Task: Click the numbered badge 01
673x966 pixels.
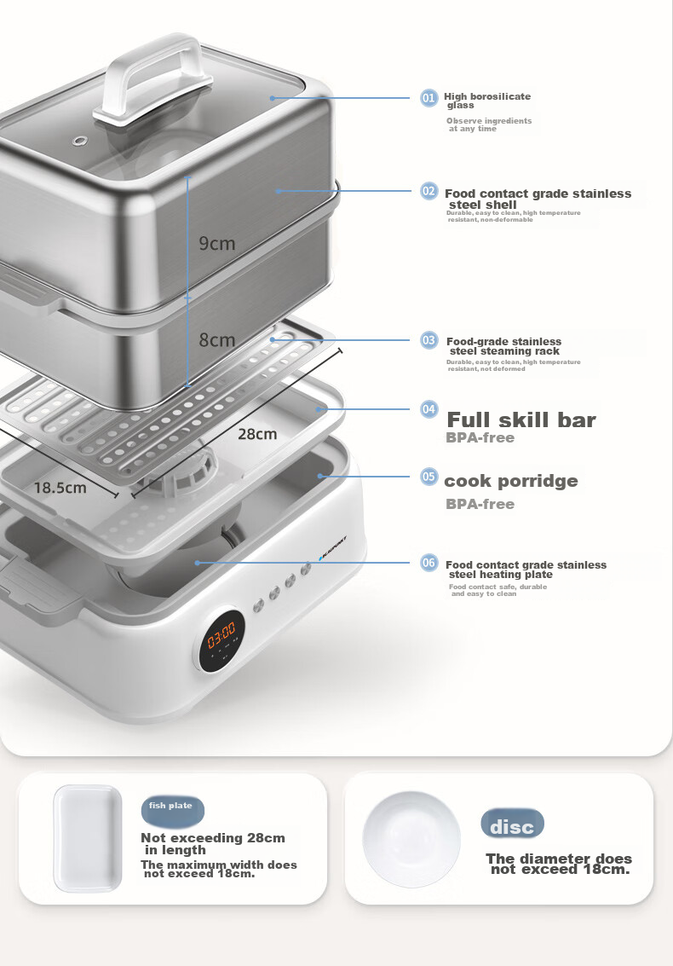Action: coord(429,97)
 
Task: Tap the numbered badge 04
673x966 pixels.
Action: coord(429,409)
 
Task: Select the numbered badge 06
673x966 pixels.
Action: coord(429,563)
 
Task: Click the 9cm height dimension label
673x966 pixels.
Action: coord(216,243)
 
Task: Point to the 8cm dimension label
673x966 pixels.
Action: coord(216,339)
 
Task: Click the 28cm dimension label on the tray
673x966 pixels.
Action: coord(257,434)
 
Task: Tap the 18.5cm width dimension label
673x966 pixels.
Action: coord(60,488)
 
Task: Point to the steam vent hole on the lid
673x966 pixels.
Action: coord(79,141)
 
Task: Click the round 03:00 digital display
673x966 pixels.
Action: coord(221,639)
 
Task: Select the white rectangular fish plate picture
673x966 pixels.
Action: coord(88,838)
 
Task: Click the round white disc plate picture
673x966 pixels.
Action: coord(411,839)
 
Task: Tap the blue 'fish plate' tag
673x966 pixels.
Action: coord(172,811)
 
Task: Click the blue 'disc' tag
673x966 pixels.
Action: coord(512,824)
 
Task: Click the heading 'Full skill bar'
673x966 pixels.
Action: coord(521,419)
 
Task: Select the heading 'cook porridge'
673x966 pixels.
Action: coord(511,481)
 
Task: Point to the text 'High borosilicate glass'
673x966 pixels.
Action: coord(487,101)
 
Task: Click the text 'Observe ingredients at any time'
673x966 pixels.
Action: coord(489,124)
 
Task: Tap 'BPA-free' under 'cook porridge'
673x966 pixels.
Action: coord(480,504)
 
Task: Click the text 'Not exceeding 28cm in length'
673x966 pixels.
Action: coord(213,843)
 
